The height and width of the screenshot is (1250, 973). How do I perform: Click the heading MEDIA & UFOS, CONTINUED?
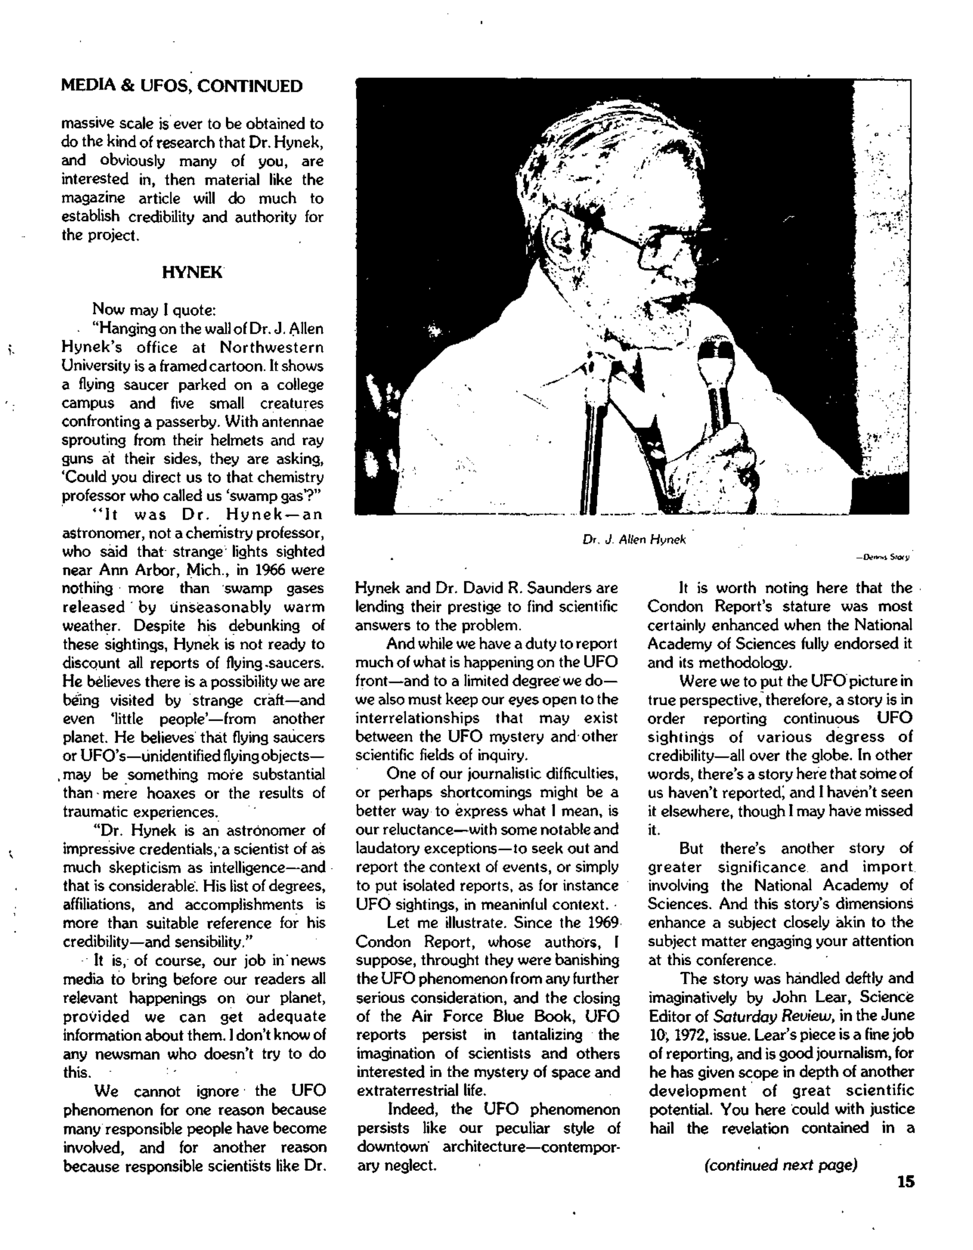pyautogui.click(x=182, y=86)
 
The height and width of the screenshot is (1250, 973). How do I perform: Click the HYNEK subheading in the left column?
pyautogui.click(x=191, y=273)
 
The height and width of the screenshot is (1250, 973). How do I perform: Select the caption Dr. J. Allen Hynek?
pyautogui.click(x=634, y=539)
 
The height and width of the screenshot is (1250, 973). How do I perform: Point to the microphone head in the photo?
pyautogui.click(x=715, y=355)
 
